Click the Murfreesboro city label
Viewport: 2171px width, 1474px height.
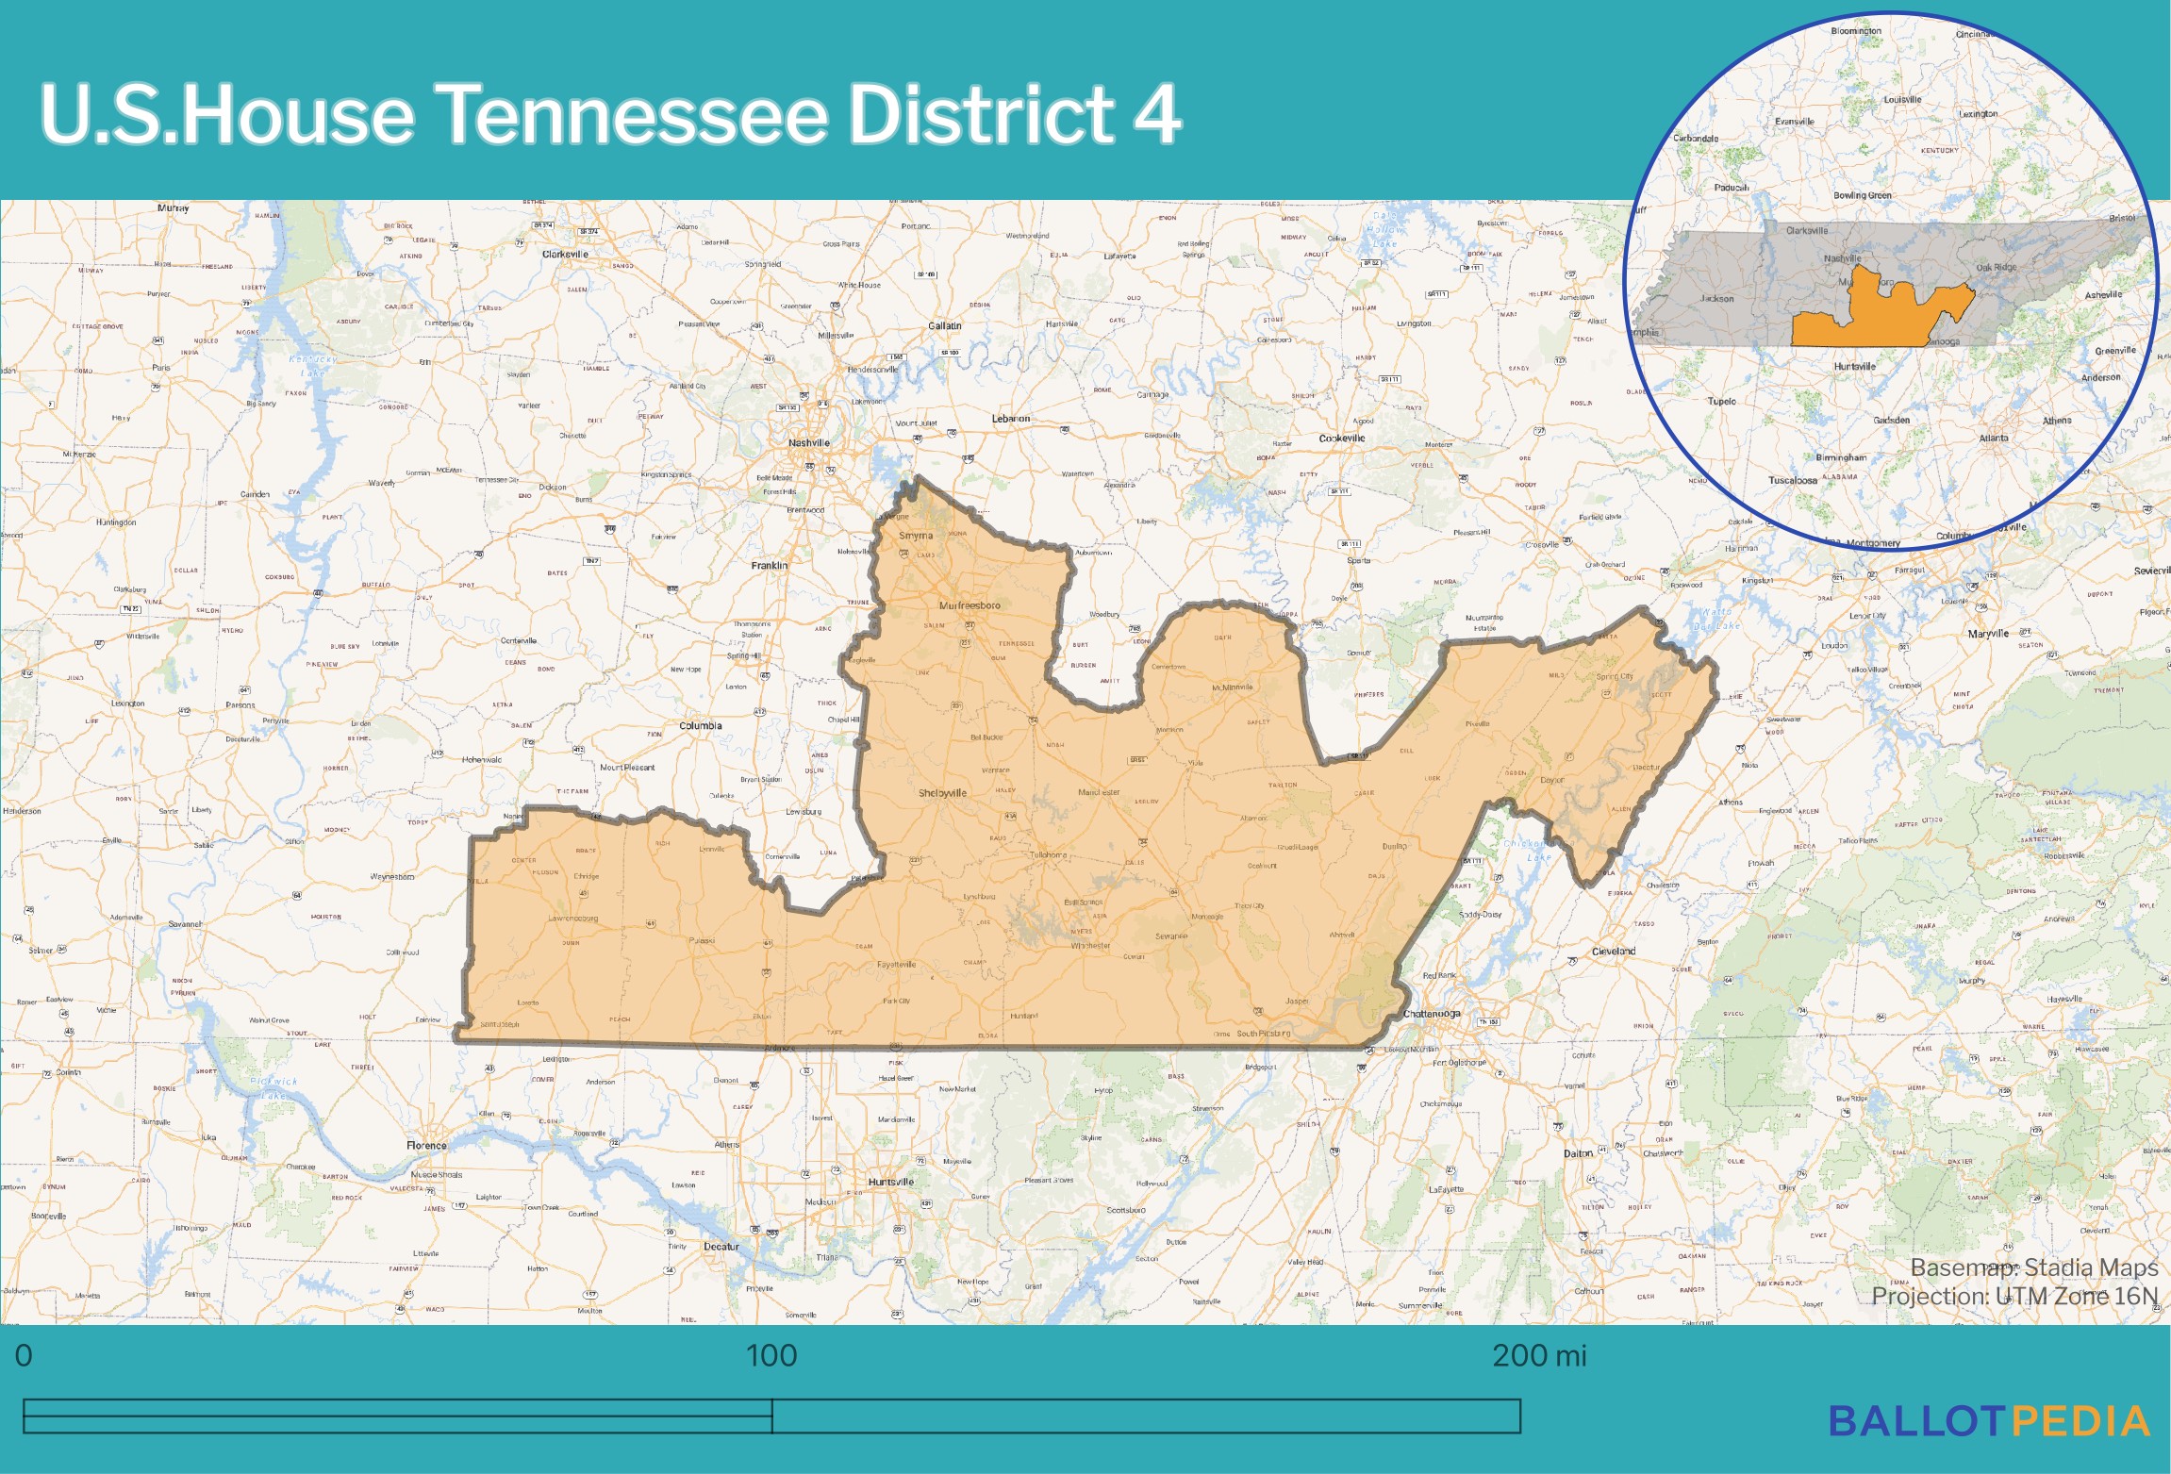pos(969,605)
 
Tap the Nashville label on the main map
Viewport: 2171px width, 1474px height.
pos(809,442)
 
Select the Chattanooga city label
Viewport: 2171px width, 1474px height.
pos(1432,1014)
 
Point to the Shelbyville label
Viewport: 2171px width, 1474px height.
pos(942,793)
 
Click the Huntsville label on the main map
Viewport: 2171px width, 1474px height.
pos(891,1182)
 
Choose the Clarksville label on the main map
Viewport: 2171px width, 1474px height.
pos(565,254)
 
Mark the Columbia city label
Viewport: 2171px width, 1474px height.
pos(701,725)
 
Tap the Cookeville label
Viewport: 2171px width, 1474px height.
pos(1342,439)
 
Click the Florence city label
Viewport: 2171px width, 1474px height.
pos(426,1145)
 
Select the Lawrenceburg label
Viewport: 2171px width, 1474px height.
pos(573,919)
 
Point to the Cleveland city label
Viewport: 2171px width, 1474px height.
pos(1614,952)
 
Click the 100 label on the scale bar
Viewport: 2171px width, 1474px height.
pos(771,1356)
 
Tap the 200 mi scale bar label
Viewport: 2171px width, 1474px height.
pos(1539,1356)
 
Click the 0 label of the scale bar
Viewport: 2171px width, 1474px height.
pos(24,1356)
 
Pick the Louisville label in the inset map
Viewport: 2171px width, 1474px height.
pos(1902,99)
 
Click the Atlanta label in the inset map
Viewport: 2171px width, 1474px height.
pos(1994,438)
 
